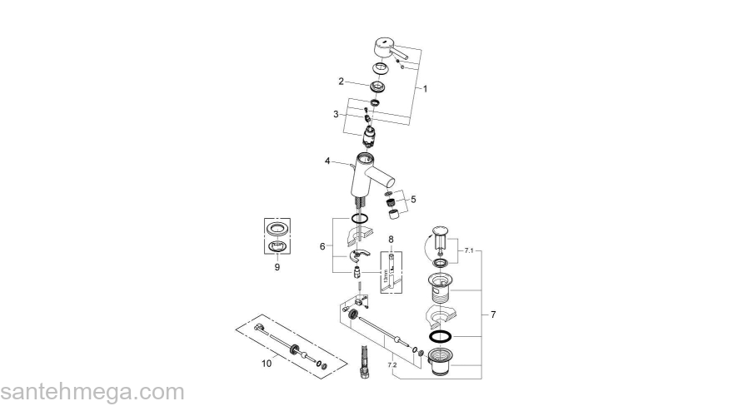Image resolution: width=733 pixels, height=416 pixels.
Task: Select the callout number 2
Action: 342,81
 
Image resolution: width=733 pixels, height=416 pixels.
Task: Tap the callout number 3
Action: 336,114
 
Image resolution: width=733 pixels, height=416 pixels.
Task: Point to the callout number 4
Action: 328,161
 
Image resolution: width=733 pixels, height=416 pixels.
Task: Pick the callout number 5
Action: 414,200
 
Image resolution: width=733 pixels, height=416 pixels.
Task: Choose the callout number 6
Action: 322,246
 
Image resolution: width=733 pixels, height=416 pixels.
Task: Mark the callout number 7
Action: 493,314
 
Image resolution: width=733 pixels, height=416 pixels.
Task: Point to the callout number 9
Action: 277,267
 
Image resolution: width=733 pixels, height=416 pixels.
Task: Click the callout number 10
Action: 267,362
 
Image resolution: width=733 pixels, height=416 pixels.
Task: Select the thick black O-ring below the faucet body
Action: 359,220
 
